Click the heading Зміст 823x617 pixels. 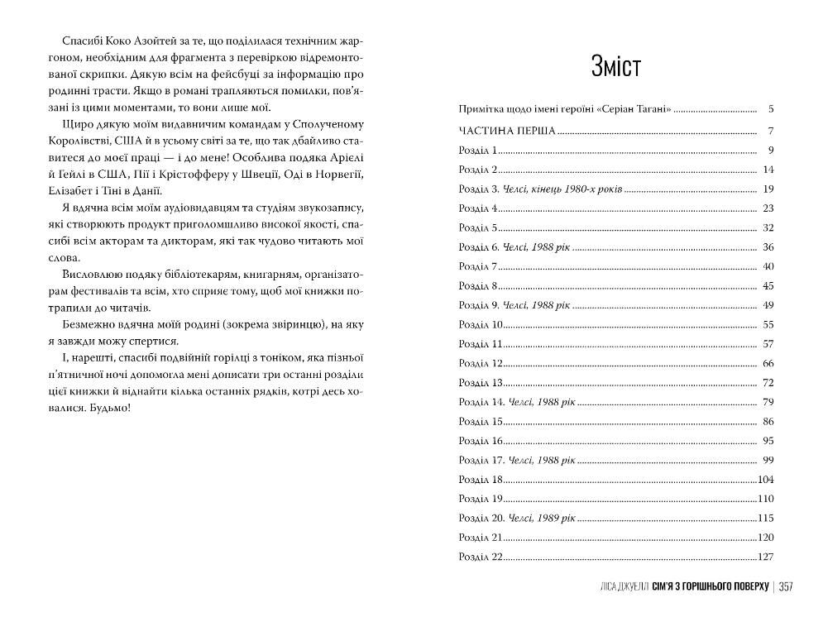coord(615,67)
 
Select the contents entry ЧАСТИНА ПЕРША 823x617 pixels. coord(506,131)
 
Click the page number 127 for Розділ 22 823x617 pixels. coord(765,557)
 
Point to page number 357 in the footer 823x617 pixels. coord(785,586)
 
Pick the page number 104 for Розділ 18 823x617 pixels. coord(765,480)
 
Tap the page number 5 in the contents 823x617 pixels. coord(770,108)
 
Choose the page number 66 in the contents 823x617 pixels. coord(768,363)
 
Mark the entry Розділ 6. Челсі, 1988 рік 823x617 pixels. coord(514,247)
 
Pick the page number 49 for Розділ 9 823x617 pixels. coord(768,305)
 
